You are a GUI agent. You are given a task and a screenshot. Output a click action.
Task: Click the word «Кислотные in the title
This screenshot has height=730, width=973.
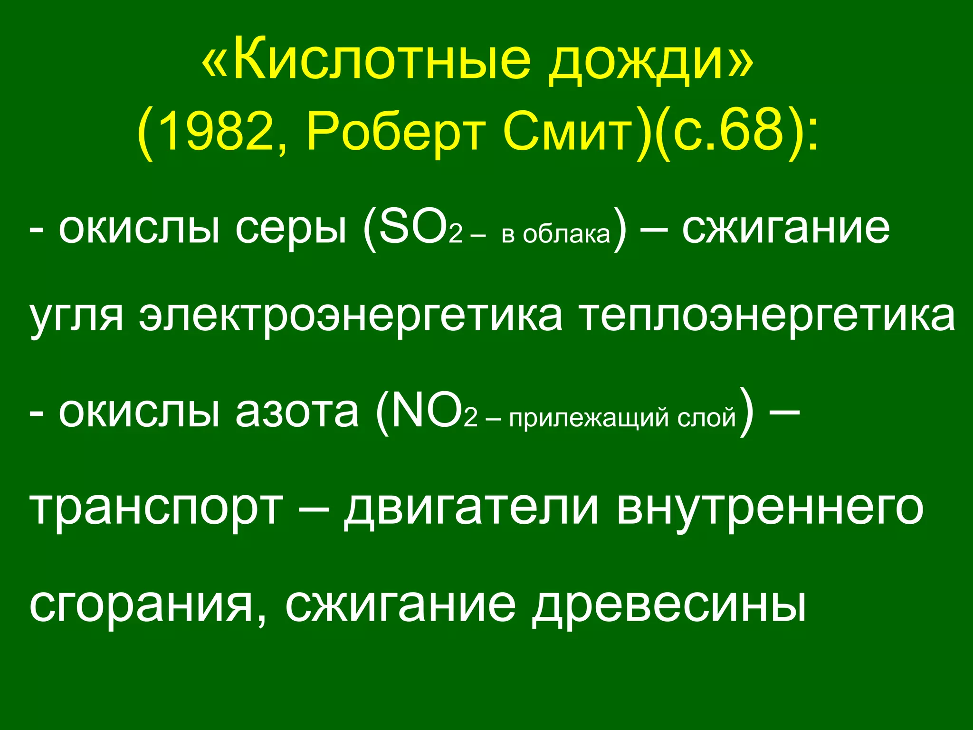(365, 60)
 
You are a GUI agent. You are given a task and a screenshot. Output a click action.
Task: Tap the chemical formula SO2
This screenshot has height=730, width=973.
(418, 229)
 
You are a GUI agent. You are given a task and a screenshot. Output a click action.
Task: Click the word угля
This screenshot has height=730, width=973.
(76, 317)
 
